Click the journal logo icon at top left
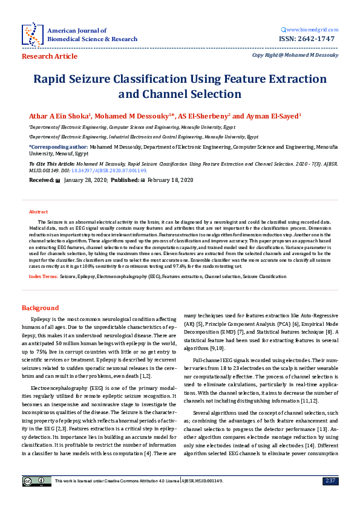point(31,34)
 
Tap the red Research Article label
point(50,56)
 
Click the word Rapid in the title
point(50,79)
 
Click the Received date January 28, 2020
point(86,180)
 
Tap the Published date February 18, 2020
point(170,180)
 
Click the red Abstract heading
point(39,212)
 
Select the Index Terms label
point(44,276)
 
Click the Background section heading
point(41,308)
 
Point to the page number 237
point(330,481)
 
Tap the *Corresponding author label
point(57,147)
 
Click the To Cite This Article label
point(53,164)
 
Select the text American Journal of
point(77,30)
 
